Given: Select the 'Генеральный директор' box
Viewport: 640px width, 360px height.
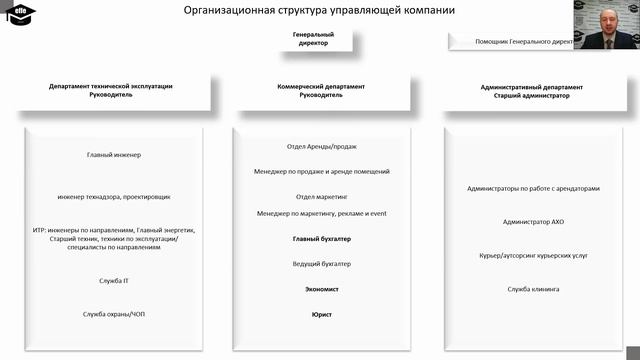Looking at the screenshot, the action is (313, 39).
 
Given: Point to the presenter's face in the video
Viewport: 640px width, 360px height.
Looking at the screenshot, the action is (609, 21).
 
